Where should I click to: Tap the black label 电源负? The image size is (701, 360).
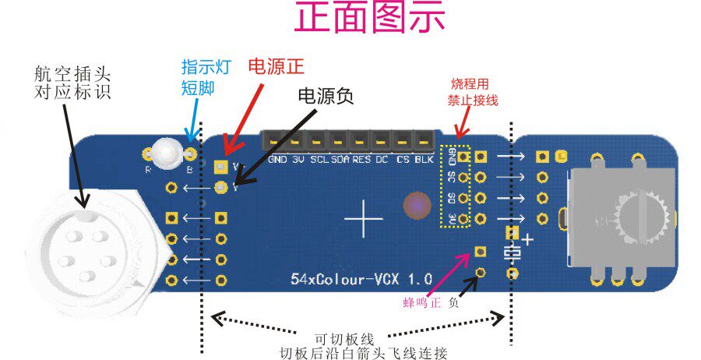[326, 96]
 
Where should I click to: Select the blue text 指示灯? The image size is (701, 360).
[199, 66]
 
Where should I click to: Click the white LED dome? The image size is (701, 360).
[167, 152]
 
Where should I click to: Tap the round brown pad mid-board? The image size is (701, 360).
[417, 205]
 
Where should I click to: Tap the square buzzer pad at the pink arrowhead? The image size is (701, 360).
[480, 251]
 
